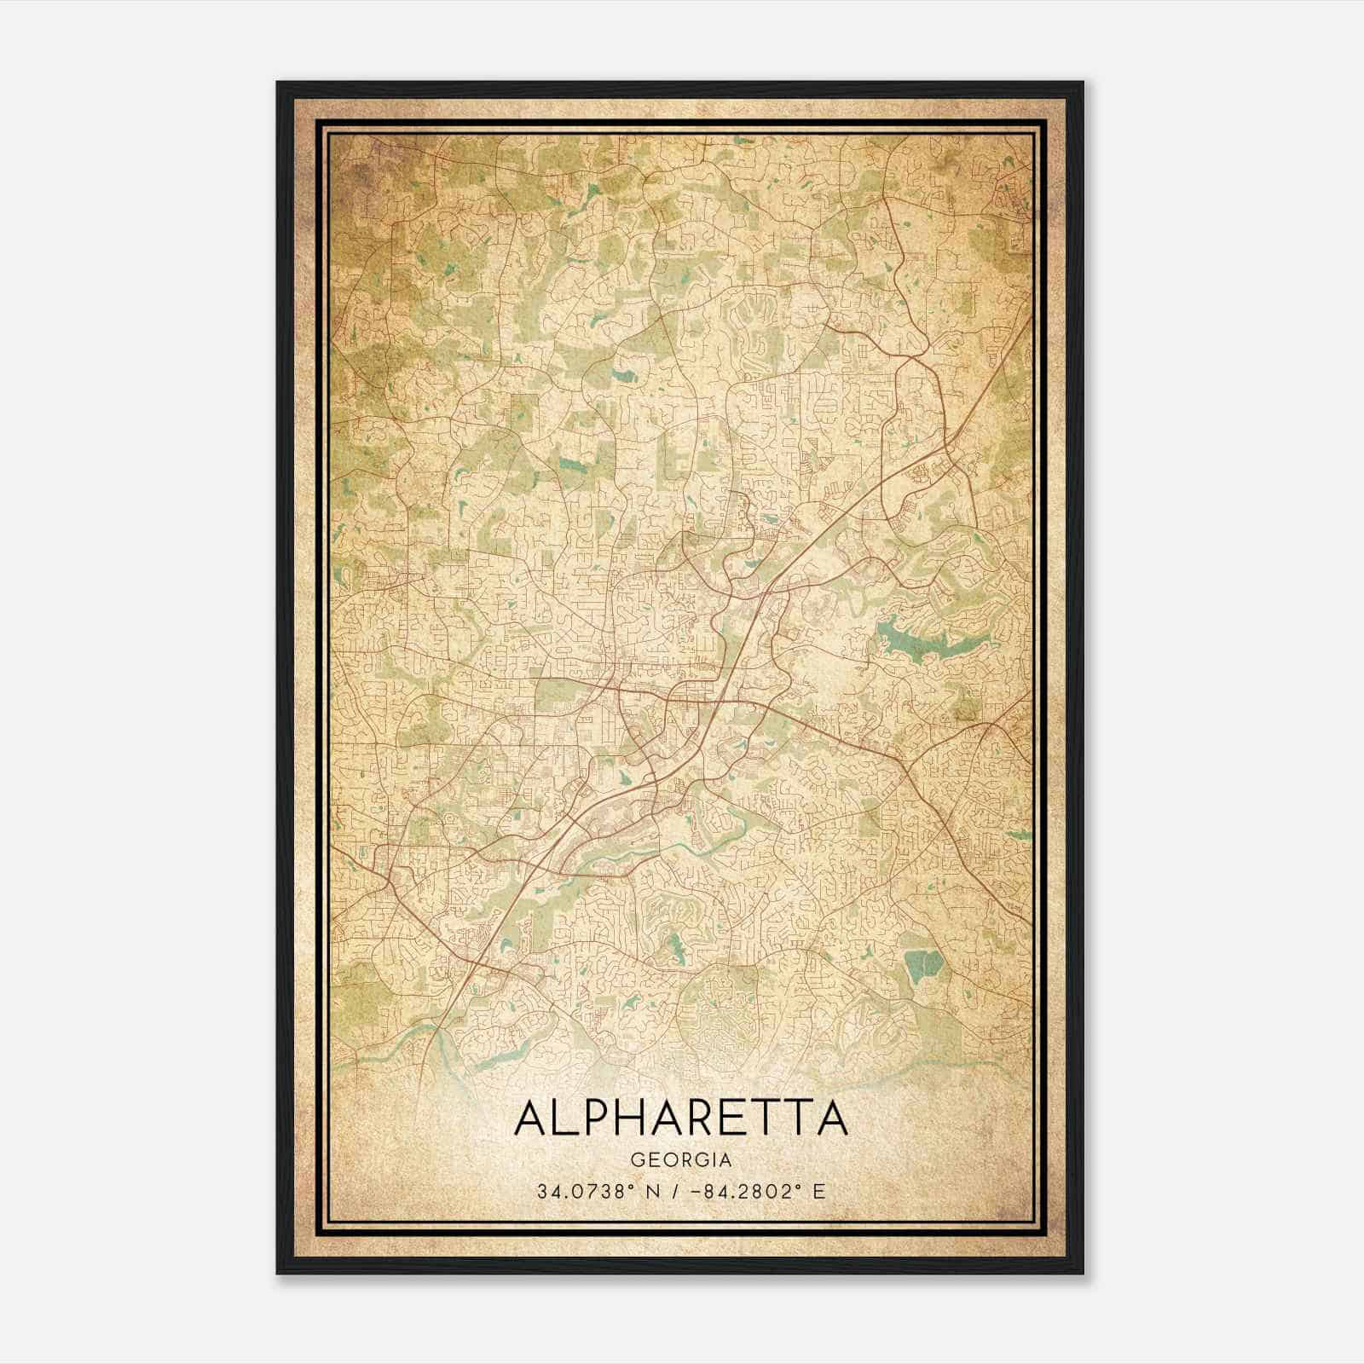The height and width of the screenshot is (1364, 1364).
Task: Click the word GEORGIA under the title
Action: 681,1160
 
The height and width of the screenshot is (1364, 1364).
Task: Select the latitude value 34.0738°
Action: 587,1192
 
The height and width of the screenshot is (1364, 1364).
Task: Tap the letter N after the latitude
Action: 656,1192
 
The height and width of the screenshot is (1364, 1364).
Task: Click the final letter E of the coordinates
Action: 819,1192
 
